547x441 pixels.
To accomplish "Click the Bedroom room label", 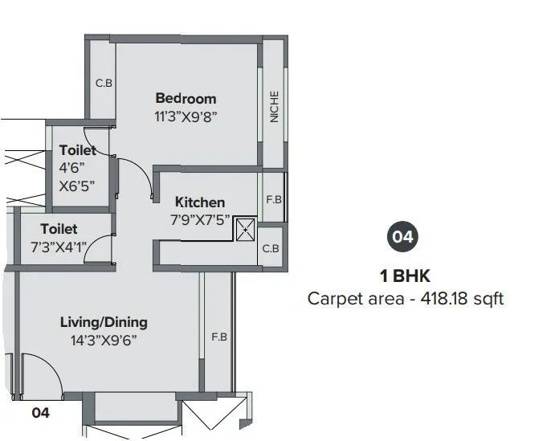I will [x=186, y=99].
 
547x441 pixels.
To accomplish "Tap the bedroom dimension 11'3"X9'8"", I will [x=186, y=116].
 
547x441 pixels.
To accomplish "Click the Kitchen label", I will [x=200, y=202].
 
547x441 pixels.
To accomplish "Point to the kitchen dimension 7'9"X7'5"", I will [x=199, y=218].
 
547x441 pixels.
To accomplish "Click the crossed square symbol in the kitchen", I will [x=244, y=230].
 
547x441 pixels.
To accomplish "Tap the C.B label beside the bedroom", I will [x=103, y=83].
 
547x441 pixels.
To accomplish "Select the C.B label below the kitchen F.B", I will [x=271, y=249].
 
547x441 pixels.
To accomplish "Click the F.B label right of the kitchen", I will [x=273, y=199].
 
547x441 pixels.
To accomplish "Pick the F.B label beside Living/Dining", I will [x=219, y=337].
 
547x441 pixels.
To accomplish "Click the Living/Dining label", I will [x=104, y=322].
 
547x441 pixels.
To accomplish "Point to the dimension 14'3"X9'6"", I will [x=104, y=339].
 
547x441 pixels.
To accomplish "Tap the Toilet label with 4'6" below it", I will [x=77, y=150].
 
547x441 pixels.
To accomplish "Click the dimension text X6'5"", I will [x=77, y=185].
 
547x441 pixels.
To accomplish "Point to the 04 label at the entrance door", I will [x=40, y=414].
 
